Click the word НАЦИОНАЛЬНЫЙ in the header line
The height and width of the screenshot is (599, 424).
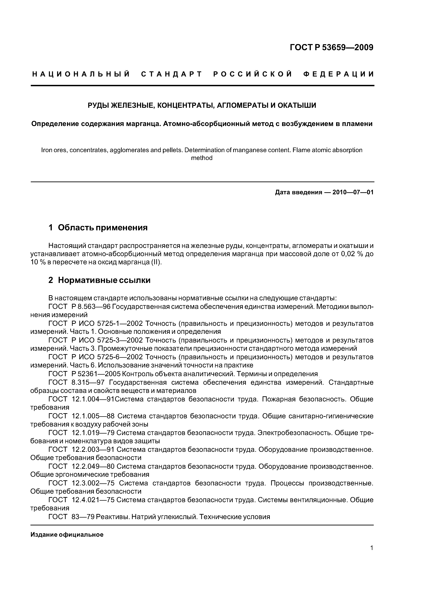(x=81, y=74)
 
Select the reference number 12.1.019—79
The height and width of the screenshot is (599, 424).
(x=93, y=433)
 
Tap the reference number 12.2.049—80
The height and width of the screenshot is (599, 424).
(x=93, y=466)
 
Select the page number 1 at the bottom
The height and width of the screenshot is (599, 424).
(x=372, y=555)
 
